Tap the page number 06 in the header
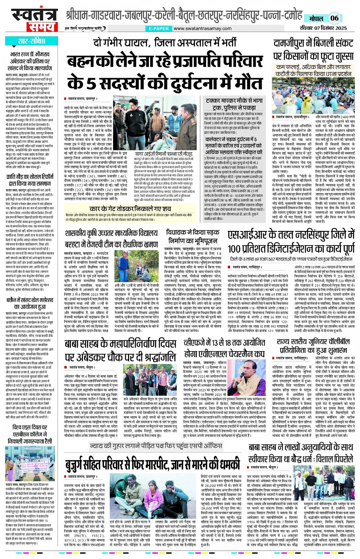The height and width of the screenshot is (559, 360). (x=334, y=18)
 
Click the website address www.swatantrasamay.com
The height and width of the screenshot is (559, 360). (x=202, y=29)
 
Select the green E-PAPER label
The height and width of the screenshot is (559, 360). (x=159, y=29)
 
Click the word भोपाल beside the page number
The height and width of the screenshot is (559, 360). (x=315, y=18)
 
